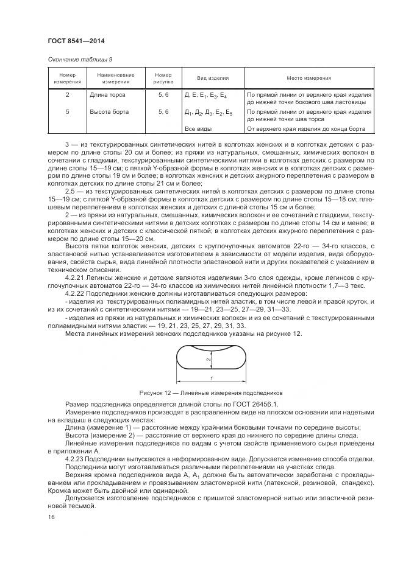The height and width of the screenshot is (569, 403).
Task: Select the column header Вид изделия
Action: (212, 79)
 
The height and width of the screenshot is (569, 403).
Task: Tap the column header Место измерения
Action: (309, 79)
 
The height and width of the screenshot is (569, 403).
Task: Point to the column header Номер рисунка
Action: (163, 78)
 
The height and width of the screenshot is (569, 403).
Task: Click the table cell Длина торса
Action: (107, 96)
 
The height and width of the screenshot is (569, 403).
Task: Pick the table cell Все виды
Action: (198, 129)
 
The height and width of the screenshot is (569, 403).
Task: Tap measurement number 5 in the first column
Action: (67, 113)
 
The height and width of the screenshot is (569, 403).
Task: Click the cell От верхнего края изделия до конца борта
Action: (305, 129)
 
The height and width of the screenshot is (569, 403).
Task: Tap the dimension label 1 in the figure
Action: (212, 377)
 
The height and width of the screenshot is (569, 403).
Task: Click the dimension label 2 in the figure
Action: (208, 360)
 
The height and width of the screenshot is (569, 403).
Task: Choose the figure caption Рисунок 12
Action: (157, 393)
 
